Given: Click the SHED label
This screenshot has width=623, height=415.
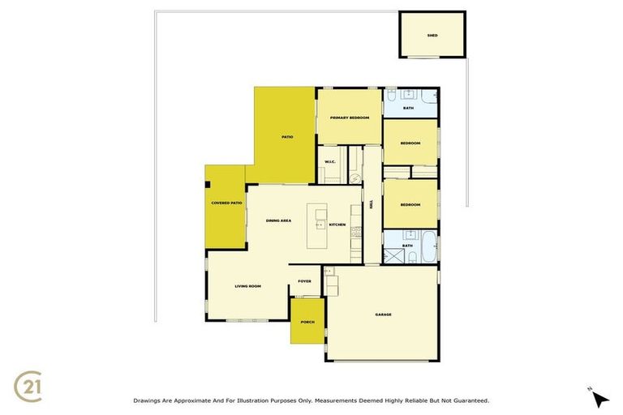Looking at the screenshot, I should tap(432, 36).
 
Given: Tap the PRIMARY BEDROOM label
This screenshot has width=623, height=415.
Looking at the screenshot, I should tap(350, 118).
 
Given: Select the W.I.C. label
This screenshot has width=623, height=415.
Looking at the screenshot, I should tap(330, 162).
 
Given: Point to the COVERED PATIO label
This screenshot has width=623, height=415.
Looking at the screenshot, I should tap(226, 203).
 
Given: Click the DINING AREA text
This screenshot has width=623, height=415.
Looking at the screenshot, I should tap(278, 220).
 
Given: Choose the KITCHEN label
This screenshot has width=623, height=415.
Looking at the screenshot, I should tap(337, 225).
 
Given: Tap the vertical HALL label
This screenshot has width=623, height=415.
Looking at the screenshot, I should tap(372, 205).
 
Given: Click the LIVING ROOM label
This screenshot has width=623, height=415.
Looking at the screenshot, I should tap(247, 286).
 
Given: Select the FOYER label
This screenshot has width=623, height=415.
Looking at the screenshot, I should tap(304, 281).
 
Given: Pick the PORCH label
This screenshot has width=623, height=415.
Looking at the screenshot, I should tap(307, 322).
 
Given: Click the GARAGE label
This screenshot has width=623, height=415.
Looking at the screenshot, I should tap(384, 314).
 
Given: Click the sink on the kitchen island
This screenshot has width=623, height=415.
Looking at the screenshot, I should tap(319, 225).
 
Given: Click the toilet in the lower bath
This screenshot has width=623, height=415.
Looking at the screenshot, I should tap(413, 257).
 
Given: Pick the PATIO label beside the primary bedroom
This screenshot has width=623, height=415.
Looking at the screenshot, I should tap(286, 137).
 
